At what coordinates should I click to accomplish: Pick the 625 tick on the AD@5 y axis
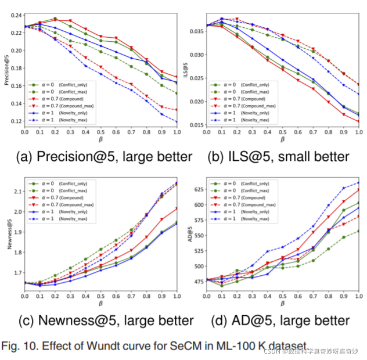click(199, 189)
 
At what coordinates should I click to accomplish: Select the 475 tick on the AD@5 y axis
click(199, 282)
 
